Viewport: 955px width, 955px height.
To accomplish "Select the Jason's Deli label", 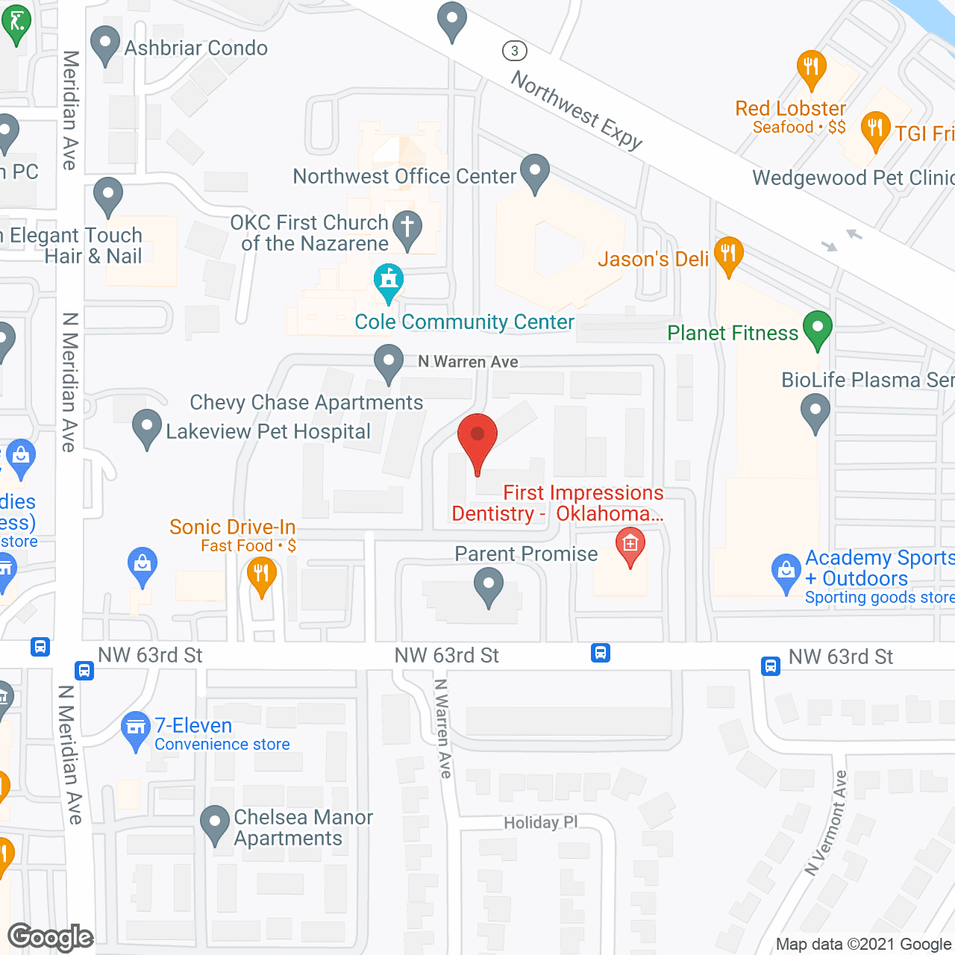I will coord(653,260).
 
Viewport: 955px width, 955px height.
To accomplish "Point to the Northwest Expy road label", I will coord(577,110).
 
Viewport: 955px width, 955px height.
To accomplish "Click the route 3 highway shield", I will coord(514,51).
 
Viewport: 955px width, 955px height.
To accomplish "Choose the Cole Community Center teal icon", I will coord(388,281).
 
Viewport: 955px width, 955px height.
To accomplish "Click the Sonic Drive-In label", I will coord(232,527).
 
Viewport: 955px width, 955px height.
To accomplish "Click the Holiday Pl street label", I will coord(541,822).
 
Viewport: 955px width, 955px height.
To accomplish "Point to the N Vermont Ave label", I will coord(827,823).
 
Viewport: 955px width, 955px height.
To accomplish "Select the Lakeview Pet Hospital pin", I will coord(146,428).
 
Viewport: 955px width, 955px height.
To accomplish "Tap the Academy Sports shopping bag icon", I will coord(786,572).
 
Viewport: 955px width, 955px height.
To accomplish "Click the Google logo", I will coord(51,937).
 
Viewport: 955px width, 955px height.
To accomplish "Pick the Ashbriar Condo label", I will coord(196,48).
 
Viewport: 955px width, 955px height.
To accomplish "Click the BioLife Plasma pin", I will coord(815,410).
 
